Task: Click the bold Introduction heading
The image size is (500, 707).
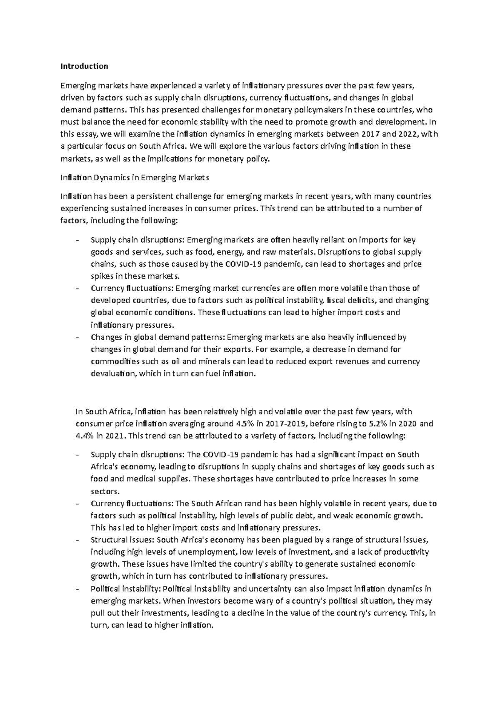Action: [x=84, y=66]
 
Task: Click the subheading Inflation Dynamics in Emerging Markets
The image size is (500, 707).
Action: [x=135, y=178]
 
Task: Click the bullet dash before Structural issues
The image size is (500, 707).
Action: [x=77, y=540]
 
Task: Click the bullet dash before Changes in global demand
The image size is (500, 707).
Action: [x=77, y=337]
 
